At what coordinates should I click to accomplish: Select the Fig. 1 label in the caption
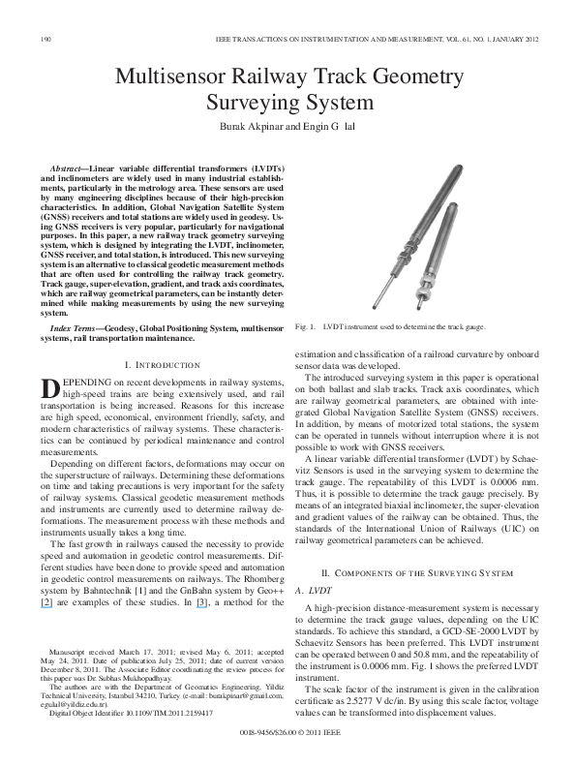(303, 328)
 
